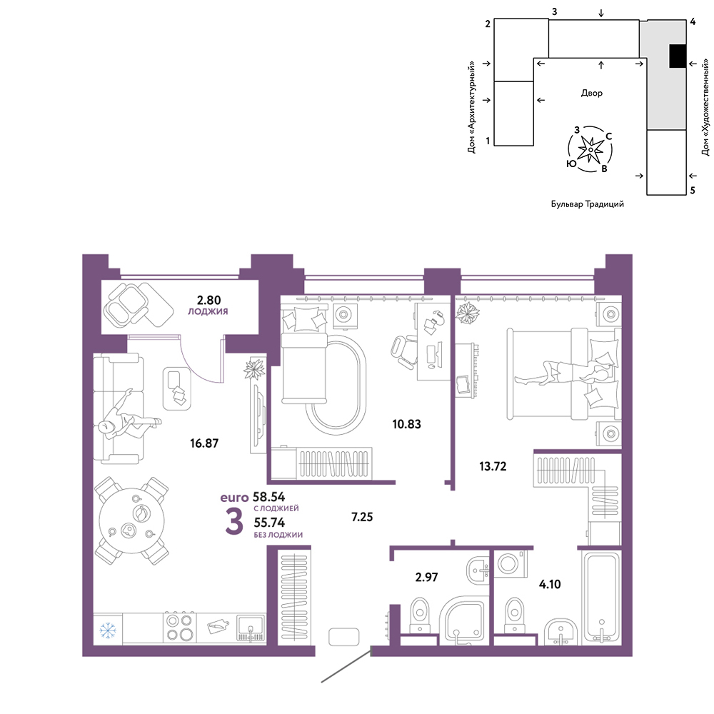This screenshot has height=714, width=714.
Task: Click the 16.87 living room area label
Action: (x=204, y=443)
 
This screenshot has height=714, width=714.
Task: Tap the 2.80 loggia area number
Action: (x=208, y=300)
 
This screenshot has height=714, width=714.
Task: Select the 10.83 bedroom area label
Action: (x=407, y=424)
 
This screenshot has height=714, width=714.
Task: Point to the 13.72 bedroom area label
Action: (x=493, y=466)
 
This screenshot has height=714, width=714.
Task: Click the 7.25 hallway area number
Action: (x=362, y=517)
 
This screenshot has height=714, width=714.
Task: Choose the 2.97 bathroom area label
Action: (x=427, y=577)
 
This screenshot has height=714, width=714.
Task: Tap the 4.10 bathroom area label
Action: (x=550, y=584)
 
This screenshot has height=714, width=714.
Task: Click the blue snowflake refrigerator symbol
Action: (x=108, y=630)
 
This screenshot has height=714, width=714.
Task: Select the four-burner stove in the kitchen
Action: (x=179, y=628)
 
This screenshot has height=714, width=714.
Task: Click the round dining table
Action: (x=132, y=521)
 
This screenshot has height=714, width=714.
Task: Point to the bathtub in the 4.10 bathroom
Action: (x=602, y=597)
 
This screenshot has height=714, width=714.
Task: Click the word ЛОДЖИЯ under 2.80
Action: (x=208, y=311)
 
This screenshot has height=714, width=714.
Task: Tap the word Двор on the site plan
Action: (x=591, y=93)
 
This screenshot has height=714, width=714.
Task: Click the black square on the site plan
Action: (x=678, y=56)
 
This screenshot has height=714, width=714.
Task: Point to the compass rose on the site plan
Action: (x=590, y=149)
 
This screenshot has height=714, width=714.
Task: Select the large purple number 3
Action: (x=234, y=522)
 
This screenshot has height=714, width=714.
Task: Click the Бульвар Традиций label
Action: (x=588, y=204)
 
